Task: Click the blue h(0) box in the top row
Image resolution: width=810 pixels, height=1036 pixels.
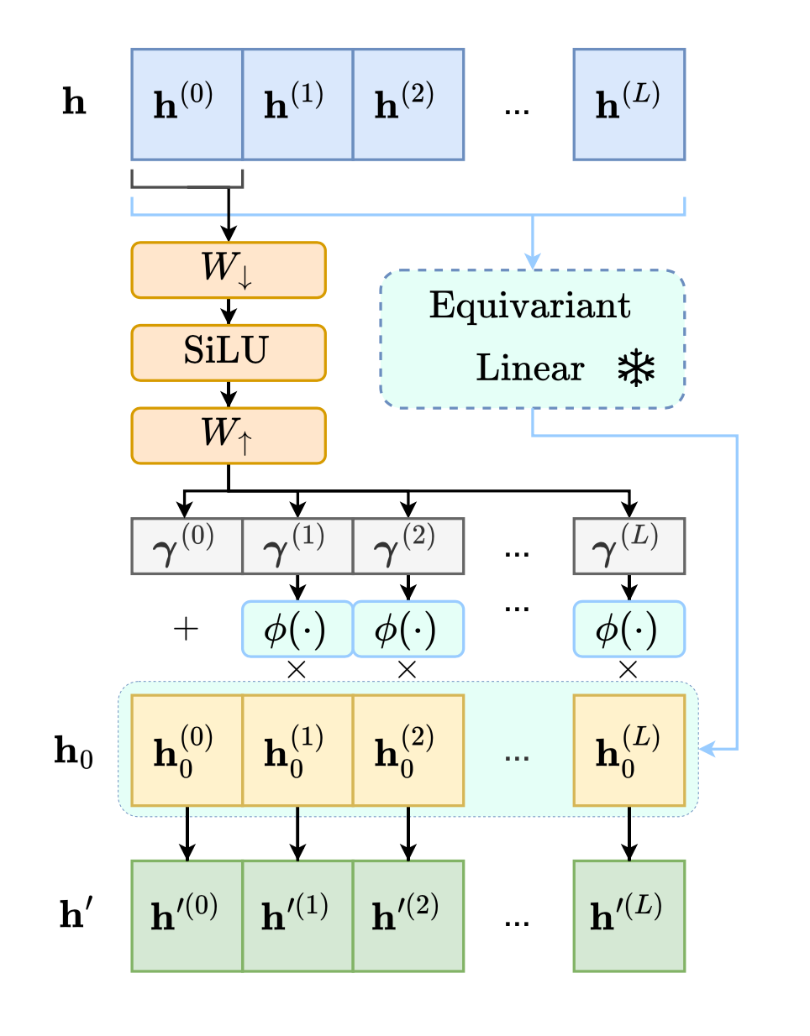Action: point(187,104)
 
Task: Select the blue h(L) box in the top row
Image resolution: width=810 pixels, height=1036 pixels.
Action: point(629,104)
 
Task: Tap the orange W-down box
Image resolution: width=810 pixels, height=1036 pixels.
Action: point(228,269)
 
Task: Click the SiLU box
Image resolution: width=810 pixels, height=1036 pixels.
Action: point(228,353)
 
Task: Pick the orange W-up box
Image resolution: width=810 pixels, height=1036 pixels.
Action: point(228,435)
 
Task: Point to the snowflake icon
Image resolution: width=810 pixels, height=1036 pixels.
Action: point(636,369)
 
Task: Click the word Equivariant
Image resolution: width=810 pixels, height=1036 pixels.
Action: point(529,306)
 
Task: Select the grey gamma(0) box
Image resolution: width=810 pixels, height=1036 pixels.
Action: point(187,546)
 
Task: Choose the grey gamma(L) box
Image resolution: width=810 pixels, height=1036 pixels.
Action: point(629,546)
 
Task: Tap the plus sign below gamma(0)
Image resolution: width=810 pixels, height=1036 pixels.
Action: point(186,629)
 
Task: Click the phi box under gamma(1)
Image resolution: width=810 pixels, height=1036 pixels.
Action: point(297,629)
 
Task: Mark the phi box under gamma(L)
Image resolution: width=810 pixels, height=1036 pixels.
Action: point(629,629)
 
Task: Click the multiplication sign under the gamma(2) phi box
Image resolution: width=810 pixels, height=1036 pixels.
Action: point(408,669)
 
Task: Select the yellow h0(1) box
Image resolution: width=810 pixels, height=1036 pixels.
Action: point(297,750)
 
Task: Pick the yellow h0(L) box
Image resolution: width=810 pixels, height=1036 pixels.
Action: point(629,750)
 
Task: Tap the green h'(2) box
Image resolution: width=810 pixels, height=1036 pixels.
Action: point(408,915)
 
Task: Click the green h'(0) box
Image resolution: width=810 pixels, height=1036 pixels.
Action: point(187,915)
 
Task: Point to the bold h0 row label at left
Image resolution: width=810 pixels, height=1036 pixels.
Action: point(74,751)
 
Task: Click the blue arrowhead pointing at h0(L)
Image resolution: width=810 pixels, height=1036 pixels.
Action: point(707,749)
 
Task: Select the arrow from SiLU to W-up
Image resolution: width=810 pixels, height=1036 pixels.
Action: point(228,395)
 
